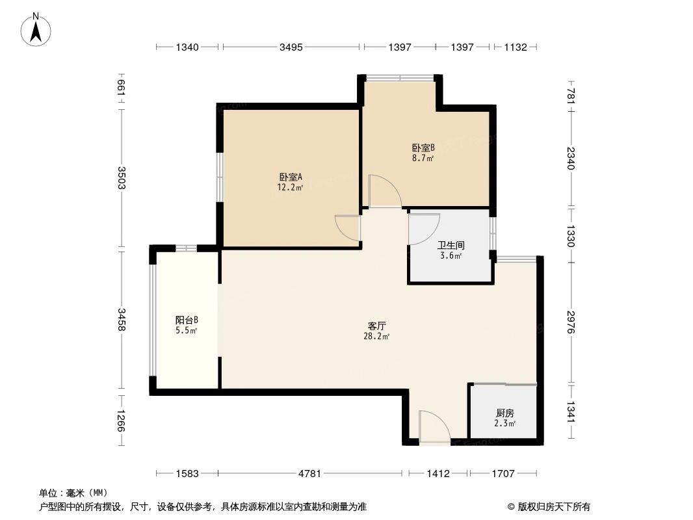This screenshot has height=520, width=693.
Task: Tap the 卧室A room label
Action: [291, 176]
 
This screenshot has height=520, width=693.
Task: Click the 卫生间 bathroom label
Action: [450, 245]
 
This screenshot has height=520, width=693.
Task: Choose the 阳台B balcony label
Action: [187, 320]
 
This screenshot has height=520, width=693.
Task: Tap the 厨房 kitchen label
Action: [505, 413]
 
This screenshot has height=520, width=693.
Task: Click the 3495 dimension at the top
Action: [291, 47]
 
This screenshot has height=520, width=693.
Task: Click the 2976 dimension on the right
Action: [571, 322]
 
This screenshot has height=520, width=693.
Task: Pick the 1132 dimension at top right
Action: [514, 47]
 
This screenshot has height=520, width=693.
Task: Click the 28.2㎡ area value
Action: [378, 336]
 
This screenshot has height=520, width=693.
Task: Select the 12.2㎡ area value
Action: [291, 187]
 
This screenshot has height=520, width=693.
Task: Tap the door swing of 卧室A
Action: [348, 228]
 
